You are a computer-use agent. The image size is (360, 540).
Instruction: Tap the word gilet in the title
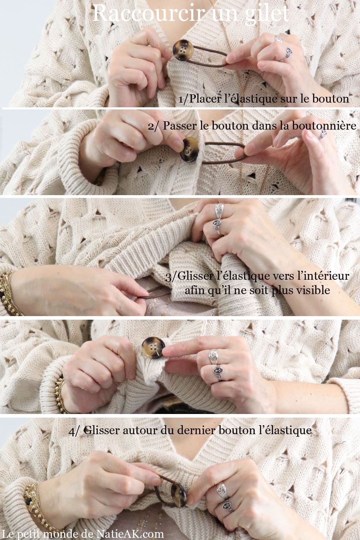[x=266, y=14]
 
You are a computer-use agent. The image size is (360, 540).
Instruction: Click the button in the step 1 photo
[x=183, y=50]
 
